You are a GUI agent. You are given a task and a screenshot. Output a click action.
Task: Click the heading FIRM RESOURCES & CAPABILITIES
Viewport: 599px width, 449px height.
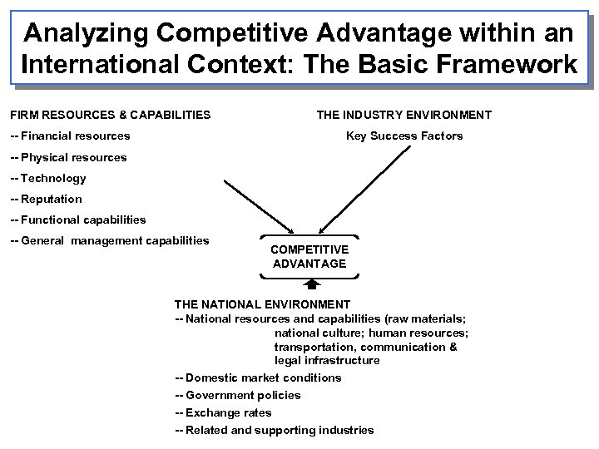point(110,115)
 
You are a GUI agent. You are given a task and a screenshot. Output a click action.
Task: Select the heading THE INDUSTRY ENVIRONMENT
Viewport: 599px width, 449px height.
point(403,115)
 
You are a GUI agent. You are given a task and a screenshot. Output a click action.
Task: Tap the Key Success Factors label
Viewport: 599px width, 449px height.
point(404,136)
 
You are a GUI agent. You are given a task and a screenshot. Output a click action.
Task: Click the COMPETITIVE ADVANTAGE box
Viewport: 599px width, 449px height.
point(309,256)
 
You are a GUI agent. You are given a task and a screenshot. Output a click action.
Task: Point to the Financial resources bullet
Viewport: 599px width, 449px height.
point(70,136)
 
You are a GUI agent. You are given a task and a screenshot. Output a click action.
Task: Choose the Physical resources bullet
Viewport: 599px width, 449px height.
point(68,157)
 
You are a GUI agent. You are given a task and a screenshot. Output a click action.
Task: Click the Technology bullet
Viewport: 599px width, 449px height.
point(47,178)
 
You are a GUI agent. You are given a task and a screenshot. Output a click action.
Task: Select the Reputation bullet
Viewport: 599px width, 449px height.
point(46,199)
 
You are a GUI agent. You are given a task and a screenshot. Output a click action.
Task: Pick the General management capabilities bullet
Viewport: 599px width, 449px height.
point(109,241)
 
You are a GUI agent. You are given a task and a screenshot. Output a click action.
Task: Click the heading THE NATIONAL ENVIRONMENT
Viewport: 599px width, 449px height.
point(262,304)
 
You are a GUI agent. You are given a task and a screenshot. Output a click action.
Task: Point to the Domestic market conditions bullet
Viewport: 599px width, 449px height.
point(258,377)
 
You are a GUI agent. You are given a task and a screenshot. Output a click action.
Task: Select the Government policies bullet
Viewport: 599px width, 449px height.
point(238,395)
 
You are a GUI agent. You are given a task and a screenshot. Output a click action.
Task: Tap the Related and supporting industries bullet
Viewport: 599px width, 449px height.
point(275,430)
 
